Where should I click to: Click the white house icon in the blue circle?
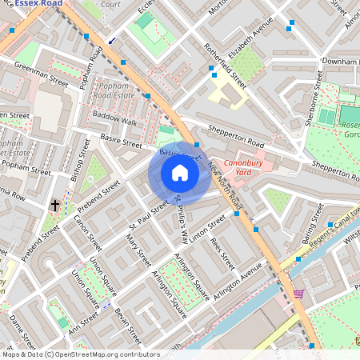point(180,173)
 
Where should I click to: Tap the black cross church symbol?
point(55,206)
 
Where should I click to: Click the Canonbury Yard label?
point(243,167)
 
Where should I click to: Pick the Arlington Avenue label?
point(237,285)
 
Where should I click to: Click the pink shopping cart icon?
point(298,294)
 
